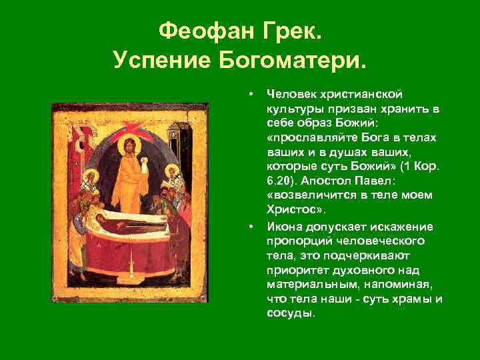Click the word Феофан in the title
click(x=200, y=31)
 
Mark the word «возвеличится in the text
click(x=307, y=195)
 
